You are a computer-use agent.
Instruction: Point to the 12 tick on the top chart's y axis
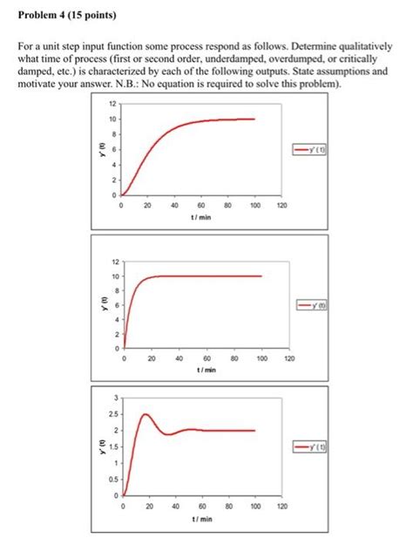pyautogui.click(x=112, y=105)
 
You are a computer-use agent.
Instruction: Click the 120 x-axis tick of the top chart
pyautogui.click(x=281, y=206)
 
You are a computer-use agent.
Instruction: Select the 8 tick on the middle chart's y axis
pyautogui.click(x=116, y=290)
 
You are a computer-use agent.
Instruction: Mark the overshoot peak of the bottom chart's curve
pyautogui.click(x=145, y=414)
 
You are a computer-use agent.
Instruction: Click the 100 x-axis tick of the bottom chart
pyautogui.click(x=255, y=506)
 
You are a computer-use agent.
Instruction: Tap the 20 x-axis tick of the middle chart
pyautogui.click(x=152, y=358)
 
